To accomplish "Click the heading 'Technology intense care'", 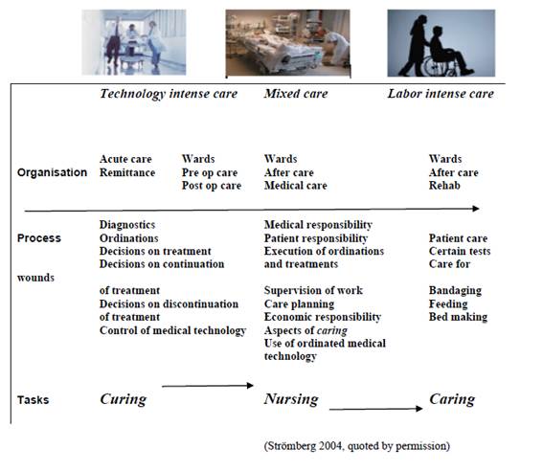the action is pyautogui.click(x=169, y=94).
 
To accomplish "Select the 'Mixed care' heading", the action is pyautogui.click(x=296, y=94).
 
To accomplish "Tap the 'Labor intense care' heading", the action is pyautogui.click(x=441, y=94).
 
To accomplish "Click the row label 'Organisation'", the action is pyautogui.click(x=52, y=172).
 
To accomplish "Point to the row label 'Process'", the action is pyautogui.click(x=39, y=238).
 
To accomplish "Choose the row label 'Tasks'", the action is pyautogui.click(x=33, y=400).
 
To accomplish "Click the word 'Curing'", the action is pyautogui.click(x=124, y=399).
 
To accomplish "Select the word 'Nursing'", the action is pyautogui.click(x=291, y=399).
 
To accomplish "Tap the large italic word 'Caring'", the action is pyautogui.click(x=452, y=399).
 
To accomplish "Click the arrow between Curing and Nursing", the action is pyautogui.click(x=208, y=386).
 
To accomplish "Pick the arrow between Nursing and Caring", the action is pyautogui.click(x=375, y=409).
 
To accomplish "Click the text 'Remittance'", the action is pyautogui.click(x=127, y=172).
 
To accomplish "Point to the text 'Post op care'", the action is pyautogui.click(x=212, y=186).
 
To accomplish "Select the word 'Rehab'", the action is pyautogui.click(x=444, y=186).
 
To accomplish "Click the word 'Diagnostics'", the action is pyautogui.click(x=127, y=225).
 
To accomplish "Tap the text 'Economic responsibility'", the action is pyautogui.click(x=323, y=317).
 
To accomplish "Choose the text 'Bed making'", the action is pyautogui.click(x=458, y=317).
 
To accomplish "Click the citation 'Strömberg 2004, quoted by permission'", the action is pyautogui.click(x=357, y=446).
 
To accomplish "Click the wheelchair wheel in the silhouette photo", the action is pyautogui.click(x=434, y=65).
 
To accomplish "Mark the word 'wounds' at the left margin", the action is pyautogui.click(x=35, y=278).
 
